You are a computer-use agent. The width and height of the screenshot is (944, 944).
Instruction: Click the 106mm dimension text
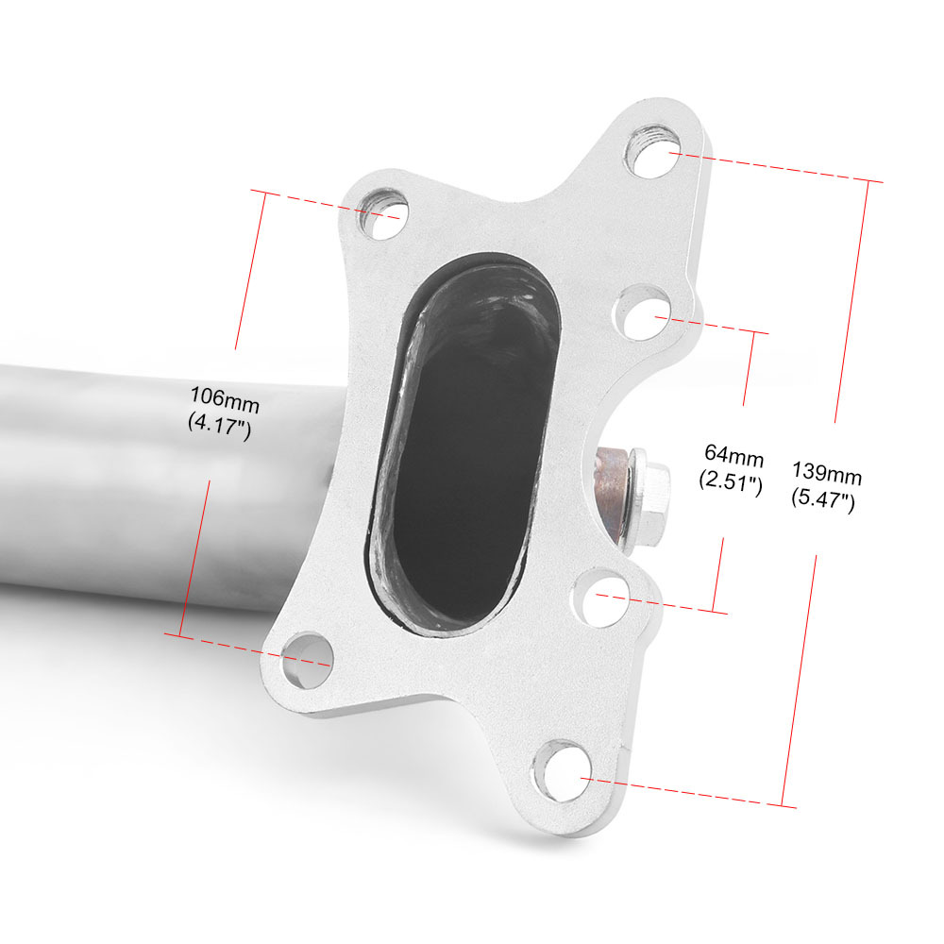[x=225, y=399]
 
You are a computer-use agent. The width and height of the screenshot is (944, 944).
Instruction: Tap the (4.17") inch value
[x=219, y=426]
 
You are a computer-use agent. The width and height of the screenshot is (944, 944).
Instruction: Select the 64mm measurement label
[x=733, y=456]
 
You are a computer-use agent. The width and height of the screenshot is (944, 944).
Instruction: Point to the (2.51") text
[x=731, y=481]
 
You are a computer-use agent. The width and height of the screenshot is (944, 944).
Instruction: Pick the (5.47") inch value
[x=823, y=499]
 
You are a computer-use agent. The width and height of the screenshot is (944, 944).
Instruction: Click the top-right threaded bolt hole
[x=652, y=150]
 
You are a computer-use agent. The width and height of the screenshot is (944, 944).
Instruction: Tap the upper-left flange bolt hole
[x=383, y=213]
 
